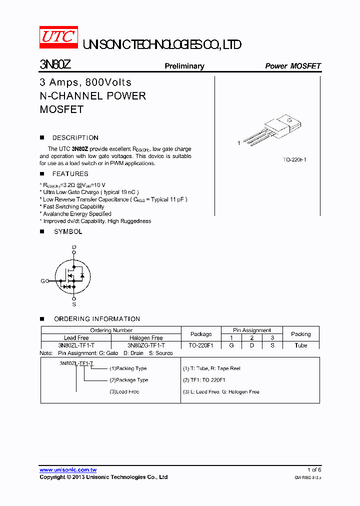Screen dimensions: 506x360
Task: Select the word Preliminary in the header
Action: pyautogui.click(x=184, y=66)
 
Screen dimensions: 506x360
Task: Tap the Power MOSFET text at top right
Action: pyautogui.click(x=292, y=66)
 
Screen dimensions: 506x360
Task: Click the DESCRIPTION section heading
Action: pyautogui.click(x=75, y=137)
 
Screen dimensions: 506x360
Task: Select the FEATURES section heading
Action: pyautogui.click(x=70, y=173)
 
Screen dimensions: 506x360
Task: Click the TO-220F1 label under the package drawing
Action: pyautogui.click(x=294, y=159)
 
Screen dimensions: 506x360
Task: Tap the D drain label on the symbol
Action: pyautogui.click(x=74, y=247)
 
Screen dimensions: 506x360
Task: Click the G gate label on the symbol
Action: pyautogui.click(x=42, y=281)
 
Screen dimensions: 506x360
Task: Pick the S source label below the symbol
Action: pyautogui.click(x=74, y=304)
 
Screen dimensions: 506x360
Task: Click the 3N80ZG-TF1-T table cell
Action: pyautogui.click(x=146, y=345)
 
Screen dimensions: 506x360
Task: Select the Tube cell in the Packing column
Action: pyautogui.click(x=300, y=345)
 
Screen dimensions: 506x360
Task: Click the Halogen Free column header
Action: pyautogui.click(x=146, y=338)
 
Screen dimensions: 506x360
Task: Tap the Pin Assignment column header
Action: pyautogui.click(x=252, y=330)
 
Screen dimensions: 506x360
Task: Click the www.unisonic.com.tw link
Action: pyautogui.click(x=68, y=470)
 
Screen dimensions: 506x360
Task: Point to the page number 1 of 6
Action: pyautogui.click(x=314, y=469)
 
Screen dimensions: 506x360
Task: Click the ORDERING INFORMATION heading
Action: pyautogui.click(x=96, y=318)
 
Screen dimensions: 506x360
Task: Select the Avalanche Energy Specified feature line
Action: pyautogui.click(x=77, y=213)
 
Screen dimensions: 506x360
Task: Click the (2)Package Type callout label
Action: pyautogui.click(x=128, y=380)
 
